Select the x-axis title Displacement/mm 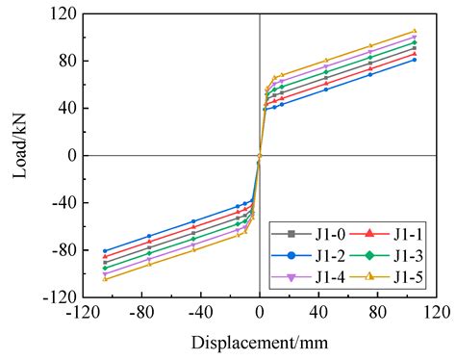click(x=260, y=342)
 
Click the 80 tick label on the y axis click(x=66, y=61)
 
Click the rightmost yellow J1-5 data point click(x=415, y=31)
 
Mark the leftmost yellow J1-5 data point click(x=105, y=279)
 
